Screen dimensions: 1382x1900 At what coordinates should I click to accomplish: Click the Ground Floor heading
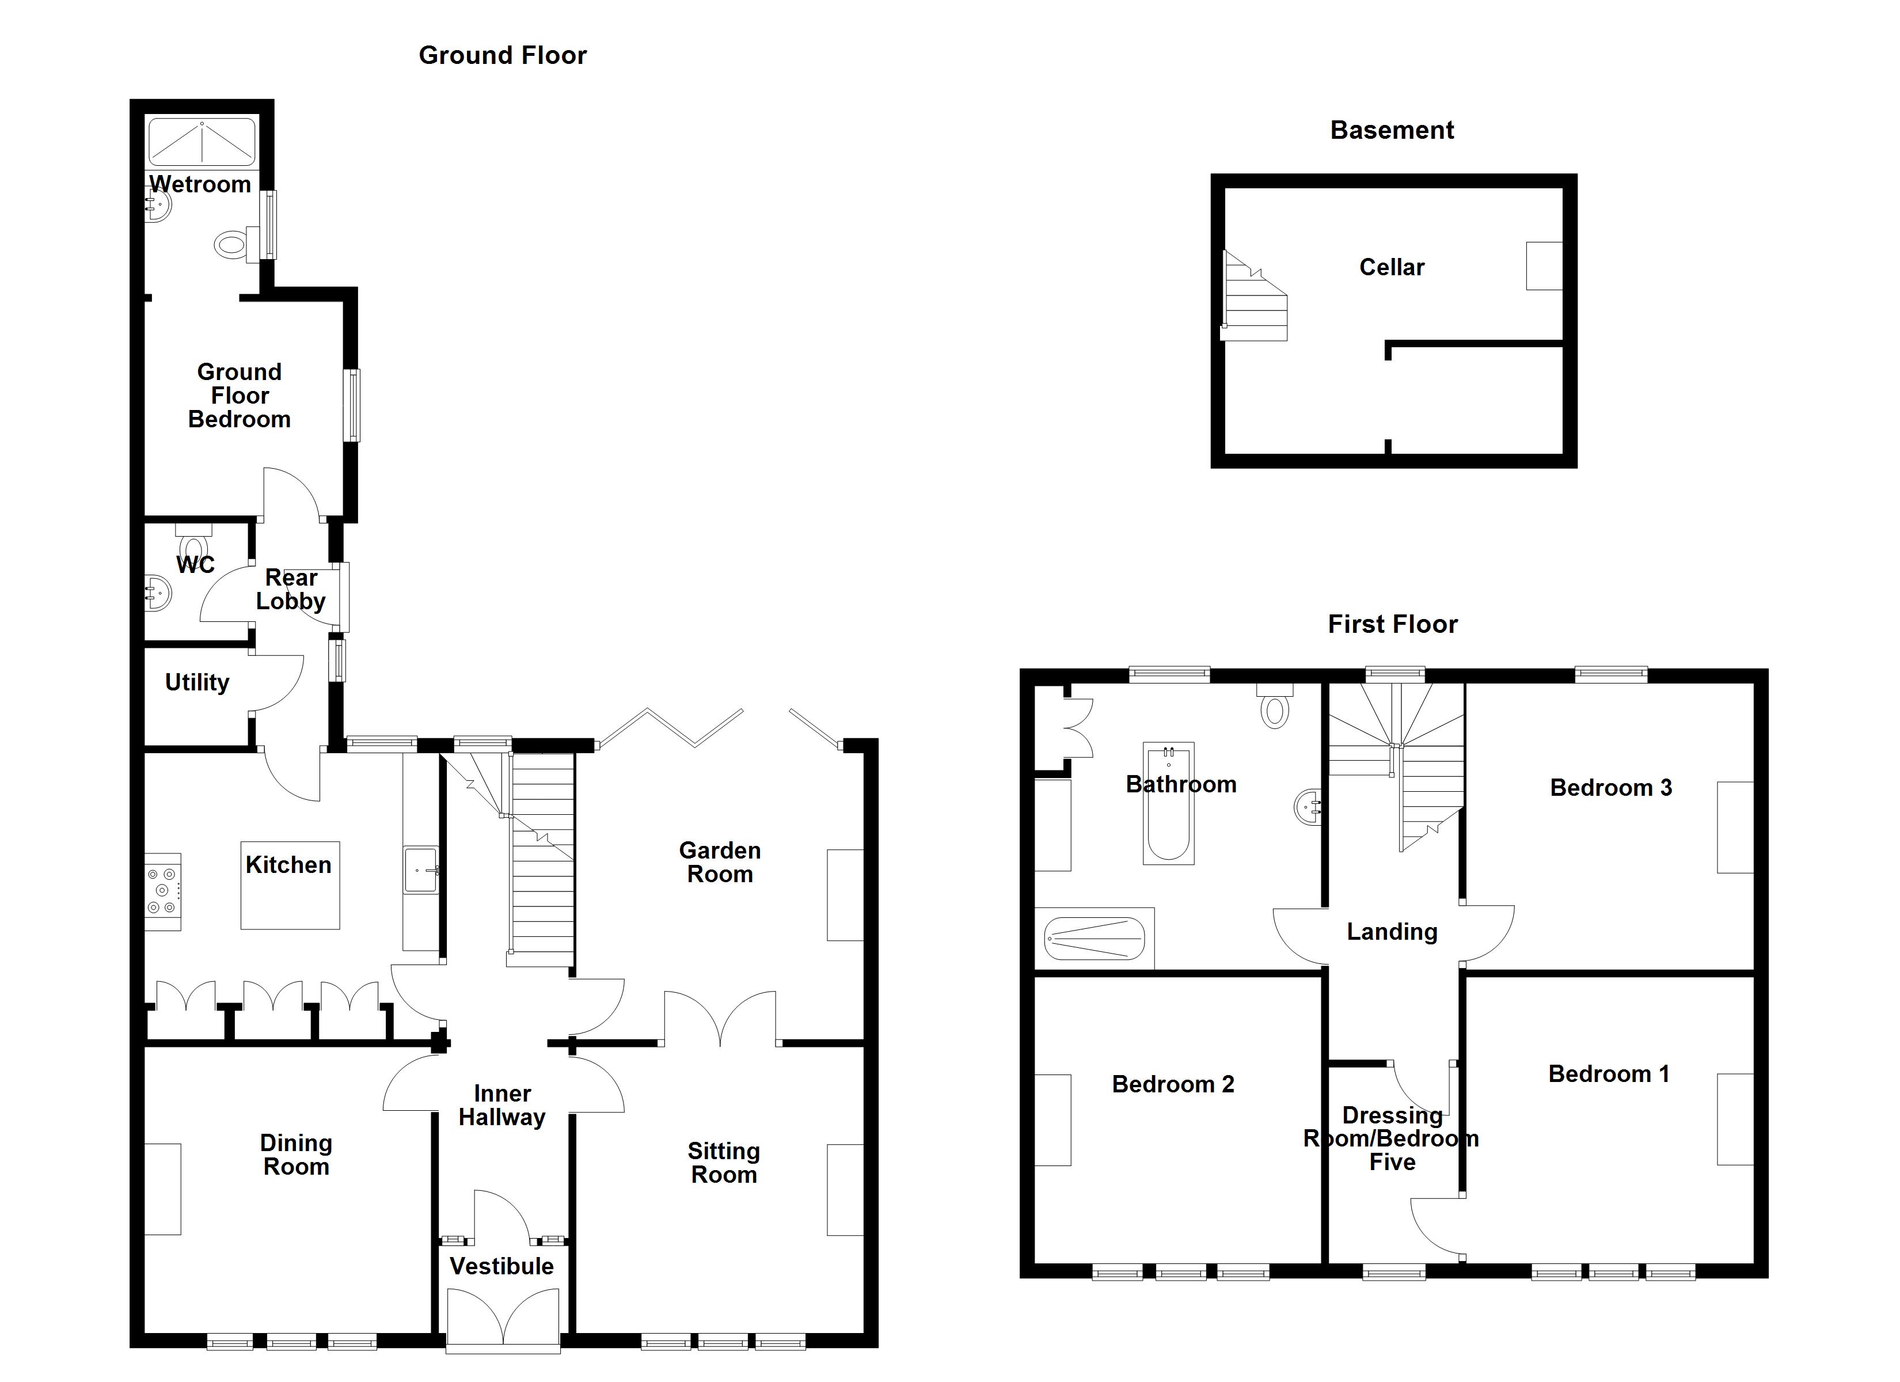point(503,55)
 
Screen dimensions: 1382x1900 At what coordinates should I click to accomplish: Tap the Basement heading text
point(1392,130)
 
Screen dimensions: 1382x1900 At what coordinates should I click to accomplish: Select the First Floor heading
point(1392,624)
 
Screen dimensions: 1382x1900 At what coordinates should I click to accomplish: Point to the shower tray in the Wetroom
point(202,142)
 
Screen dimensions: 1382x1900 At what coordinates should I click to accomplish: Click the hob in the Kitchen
point(162,891)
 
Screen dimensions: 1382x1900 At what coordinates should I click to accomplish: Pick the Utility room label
point(197,682)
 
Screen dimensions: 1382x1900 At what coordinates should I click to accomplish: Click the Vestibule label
point(502,1266)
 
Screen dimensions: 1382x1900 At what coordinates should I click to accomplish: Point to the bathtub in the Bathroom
point(1169,803)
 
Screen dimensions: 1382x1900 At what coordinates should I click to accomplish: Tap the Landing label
point(1392,931)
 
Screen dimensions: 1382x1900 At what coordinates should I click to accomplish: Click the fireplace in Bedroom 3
point(1735,827)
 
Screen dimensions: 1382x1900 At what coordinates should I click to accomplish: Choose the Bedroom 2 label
point(1173,1084)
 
